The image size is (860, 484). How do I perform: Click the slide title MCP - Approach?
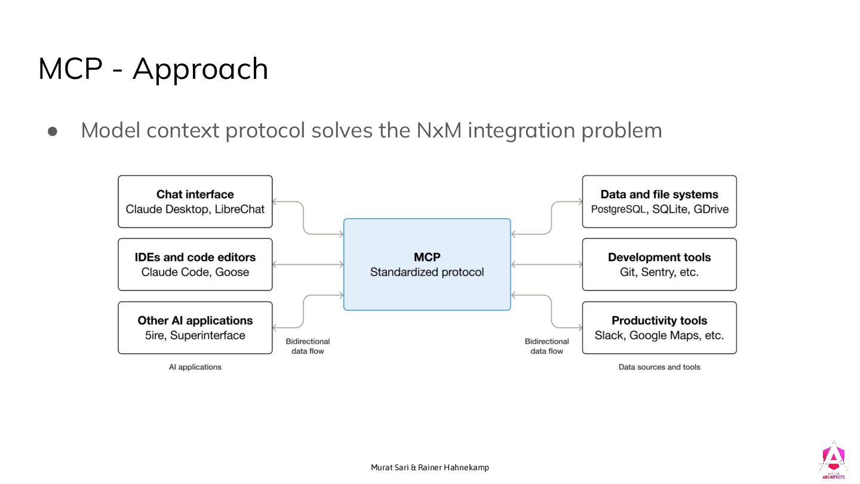pyautogui.click(x=153, y=69)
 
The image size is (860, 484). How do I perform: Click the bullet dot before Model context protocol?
pyautogui.click(x=52, y=131)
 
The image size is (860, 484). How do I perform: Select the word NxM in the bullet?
pyautogui.click(x=439, y=130)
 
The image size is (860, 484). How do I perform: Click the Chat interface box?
pyautogui.click(x=195, y=201)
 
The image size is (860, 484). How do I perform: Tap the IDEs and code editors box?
pyautogui.click(x=195, y=265)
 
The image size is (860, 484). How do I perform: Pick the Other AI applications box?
pyautogui.click(x=195, y=327)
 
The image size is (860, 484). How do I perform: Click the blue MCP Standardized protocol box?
pyautogui.click(x=427, y=264)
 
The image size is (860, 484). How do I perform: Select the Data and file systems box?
pyautogui.click(x=659, y=201)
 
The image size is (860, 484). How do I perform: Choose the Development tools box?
pyautogui.click(x=659, y=265)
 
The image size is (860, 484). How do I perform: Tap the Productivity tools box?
pyautogui.click(x=659, y=327)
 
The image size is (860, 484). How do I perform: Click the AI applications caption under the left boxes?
pyautogui.click(x=195, y=367)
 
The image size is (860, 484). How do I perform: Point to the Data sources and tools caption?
pyautogui.click(x=659, y=367)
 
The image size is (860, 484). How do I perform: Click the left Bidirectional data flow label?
pyautogui.click(x=308, y=346)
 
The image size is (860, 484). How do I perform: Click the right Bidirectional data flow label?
pyautogui.click(x=547, y=346)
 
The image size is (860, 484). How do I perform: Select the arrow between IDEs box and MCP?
pyautogui.click(x=308, y=264)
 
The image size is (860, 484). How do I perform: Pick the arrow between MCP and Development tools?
pyautogui.click(x=546, y=264)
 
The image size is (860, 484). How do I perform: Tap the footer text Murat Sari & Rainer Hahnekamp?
pyautogui.click(x=429, y=467)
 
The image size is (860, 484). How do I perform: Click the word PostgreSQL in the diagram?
pyautogui.click(x=619, y=209)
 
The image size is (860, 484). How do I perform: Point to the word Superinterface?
pyautogui.click(x=208, y=335)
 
